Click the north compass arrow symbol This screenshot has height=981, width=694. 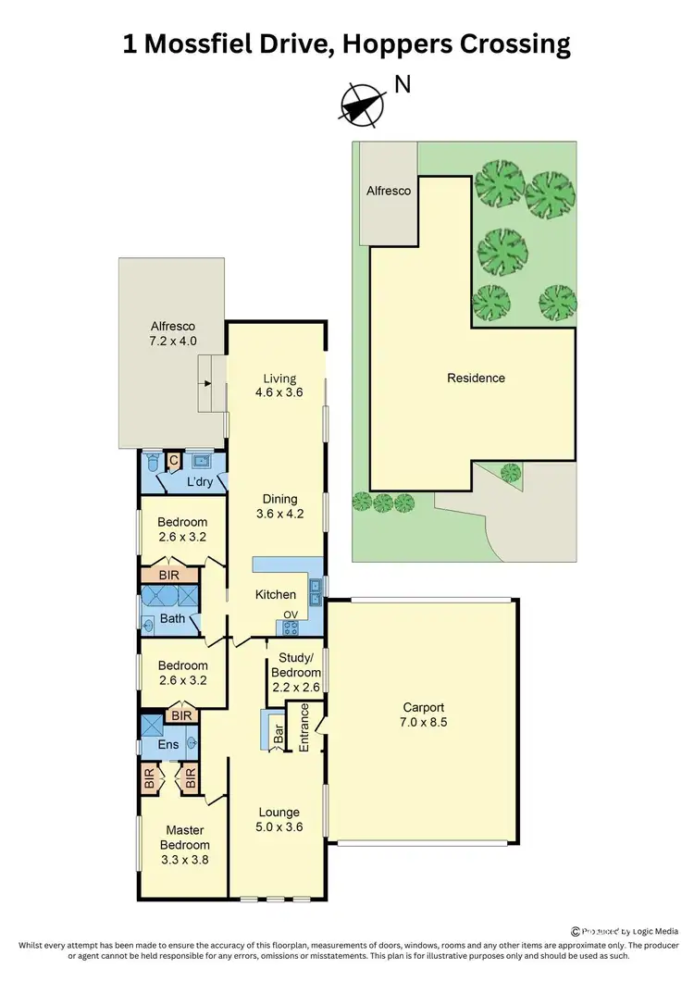click(x=362, y=105)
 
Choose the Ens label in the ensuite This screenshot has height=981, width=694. click(x=168, y=744)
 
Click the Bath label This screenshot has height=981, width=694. click(x=173, y=619)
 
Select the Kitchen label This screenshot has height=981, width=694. click(x=276, y=595)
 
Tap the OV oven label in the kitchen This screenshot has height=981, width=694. click(x=290, y=615)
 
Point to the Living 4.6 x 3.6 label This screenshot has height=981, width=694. click(x=279, y=385)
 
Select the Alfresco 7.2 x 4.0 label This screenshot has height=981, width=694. click(x=174, y=333)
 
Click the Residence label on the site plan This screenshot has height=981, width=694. click(x=476, y=378)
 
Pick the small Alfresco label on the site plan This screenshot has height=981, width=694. click(x=389, y=190)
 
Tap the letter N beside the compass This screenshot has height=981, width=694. click(x=403, y=85)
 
